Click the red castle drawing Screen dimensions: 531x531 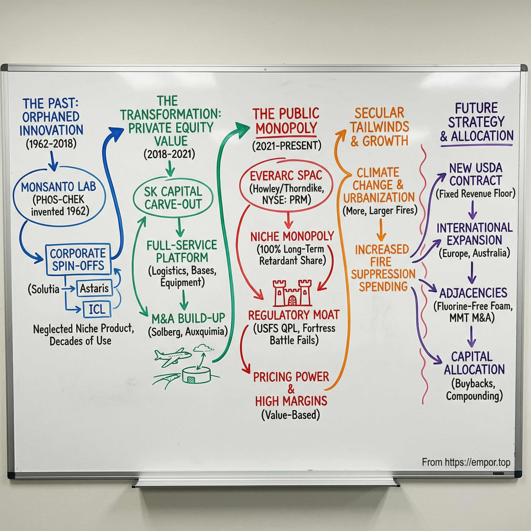pyautogui.click(x=292, y=293)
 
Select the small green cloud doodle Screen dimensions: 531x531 pyautogui.click(x=203, y=348)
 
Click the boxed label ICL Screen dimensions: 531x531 pyautogui.click(x=97, y=309)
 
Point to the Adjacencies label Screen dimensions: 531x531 pyautogui.click(x=473, y=293)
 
